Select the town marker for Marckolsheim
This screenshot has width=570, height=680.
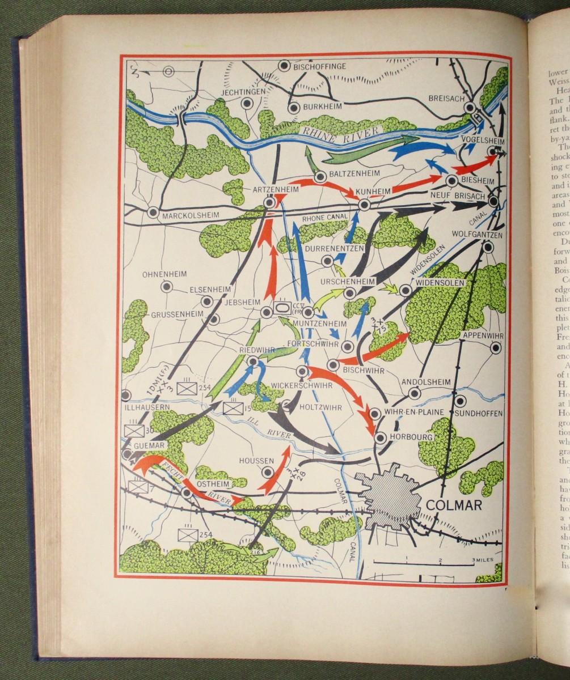[x=152, y=212]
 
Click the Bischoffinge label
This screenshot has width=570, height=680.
[x=320, y=67]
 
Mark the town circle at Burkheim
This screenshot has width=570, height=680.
[x=293, y=108]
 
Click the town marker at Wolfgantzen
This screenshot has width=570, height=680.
[x=488, y=247]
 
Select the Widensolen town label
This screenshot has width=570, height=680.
[x=441, y=282]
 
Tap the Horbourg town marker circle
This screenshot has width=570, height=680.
[x=380, y=437]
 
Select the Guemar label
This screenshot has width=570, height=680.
[x=149, y=446]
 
